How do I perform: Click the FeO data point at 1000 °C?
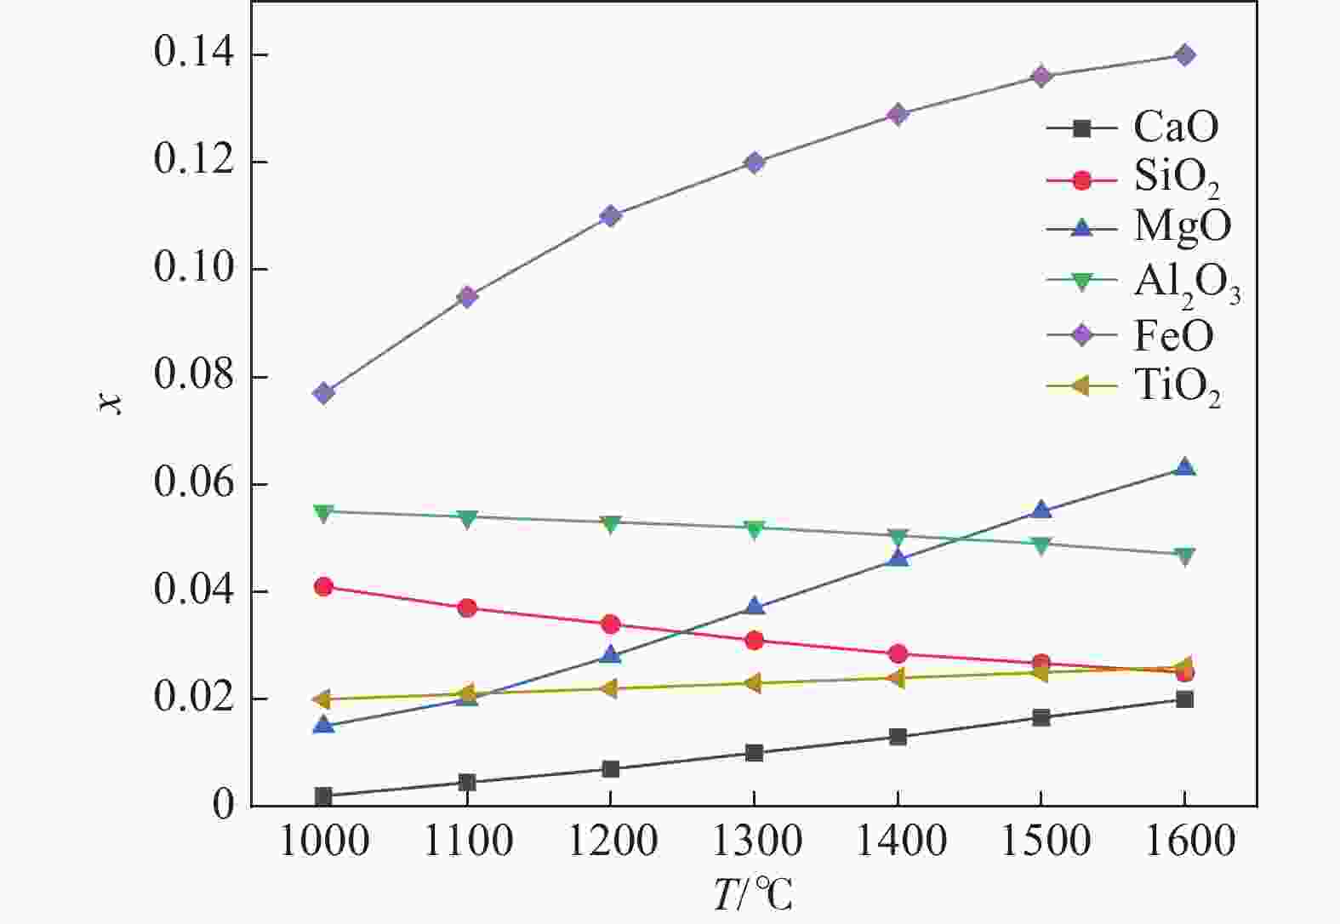point(323,393)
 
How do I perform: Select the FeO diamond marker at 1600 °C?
point(1184,55)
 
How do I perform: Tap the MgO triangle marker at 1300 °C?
point(755,606)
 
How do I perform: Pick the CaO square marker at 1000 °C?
point(323,796)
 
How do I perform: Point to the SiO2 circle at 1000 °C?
point(323,586)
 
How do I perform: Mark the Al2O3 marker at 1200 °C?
point(610,522)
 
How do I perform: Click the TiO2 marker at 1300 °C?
point(753,683)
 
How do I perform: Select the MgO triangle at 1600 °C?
point(1184,467)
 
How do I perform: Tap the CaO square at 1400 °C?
point(898,737)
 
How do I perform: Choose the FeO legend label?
point(1173,335)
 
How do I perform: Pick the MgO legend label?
point(1182,227)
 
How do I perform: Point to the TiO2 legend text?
point(1177,388)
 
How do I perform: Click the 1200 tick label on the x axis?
point(611,841)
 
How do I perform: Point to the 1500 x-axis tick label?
point(1041,841)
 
